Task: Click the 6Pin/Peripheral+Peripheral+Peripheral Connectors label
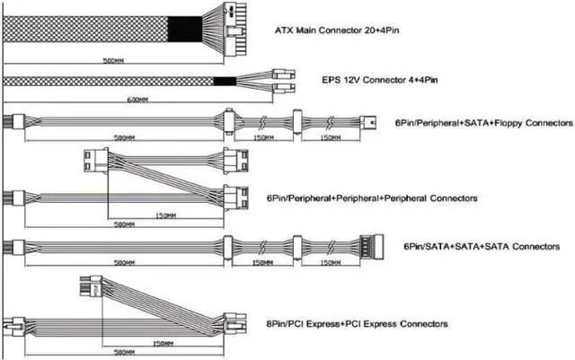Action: point(371,197)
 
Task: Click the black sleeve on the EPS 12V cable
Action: point(224,81)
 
